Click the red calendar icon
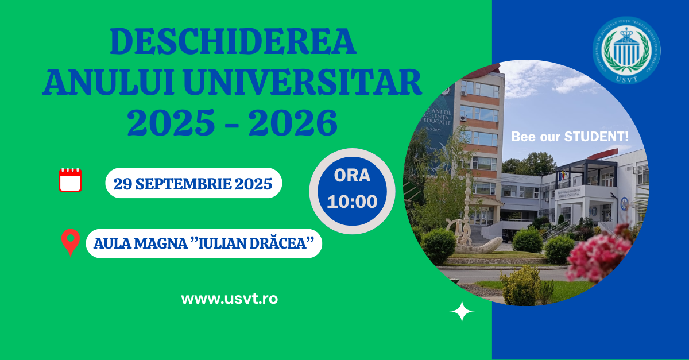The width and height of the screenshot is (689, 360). [71, 180]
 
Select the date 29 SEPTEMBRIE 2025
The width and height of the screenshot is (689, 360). [193, 184]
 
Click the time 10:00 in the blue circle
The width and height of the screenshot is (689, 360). [352, 202]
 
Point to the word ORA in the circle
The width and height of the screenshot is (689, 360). [352, 176]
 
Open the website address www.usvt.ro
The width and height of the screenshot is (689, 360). [229, 299]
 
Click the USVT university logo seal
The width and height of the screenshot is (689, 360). [626, 50]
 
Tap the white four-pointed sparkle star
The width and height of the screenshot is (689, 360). [462, 312]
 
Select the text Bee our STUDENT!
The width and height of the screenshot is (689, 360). [570, 137]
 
